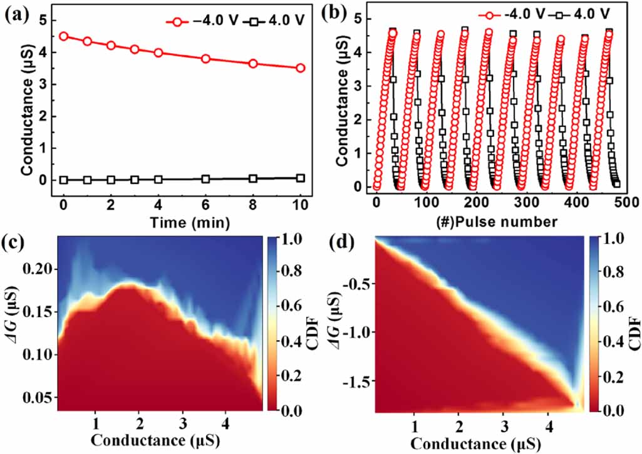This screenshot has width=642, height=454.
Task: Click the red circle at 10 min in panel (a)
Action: (301, 68)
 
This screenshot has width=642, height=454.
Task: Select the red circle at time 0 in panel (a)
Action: (63, 36)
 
